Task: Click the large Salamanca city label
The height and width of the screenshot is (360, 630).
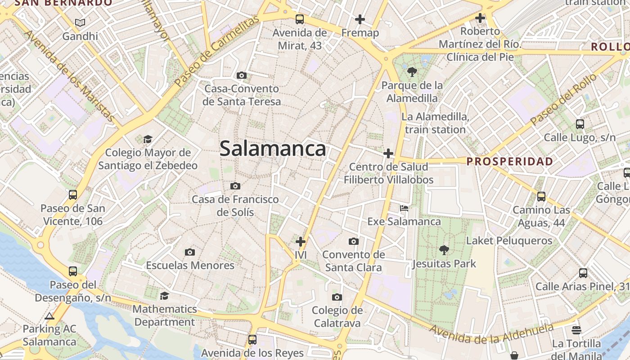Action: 273,148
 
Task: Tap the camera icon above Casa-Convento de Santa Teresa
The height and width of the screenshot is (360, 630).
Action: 242,75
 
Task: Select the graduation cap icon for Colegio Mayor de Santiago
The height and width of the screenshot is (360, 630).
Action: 148,139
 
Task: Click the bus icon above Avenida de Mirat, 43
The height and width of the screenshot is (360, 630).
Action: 300,19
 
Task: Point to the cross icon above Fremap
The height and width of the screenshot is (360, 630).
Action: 360,19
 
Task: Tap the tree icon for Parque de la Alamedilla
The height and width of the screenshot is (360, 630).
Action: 411,72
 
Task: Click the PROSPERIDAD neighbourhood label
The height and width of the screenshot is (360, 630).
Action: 510,161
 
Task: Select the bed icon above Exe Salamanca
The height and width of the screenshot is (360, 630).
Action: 404,208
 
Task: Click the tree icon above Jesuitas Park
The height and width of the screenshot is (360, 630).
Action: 444,250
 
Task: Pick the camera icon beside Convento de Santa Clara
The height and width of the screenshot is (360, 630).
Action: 354,242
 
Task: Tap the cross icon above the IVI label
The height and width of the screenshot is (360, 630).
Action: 301,242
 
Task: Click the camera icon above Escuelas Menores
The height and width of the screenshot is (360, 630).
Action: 190,252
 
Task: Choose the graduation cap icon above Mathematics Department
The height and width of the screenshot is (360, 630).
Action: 165,296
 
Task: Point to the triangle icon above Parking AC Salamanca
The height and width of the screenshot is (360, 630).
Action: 49,316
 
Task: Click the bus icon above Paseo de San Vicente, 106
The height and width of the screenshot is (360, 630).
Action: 73,195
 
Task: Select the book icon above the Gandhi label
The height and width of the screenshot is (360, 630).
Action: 80,22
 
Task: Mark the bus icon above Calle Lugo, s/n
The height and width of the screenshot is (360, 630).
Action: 580,124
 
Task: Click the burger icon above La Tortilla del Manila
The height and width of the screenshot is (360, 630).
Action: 576,330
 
